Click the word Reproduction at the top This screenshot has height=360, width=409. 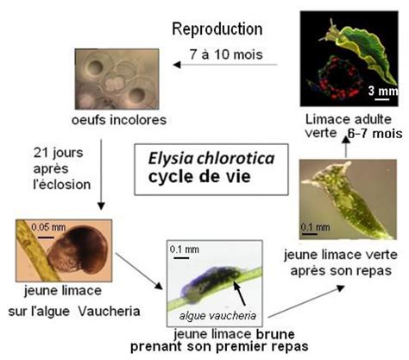pyautogui.click(x=217, y=29)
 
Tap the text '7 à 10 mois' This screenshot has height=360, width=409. pyautogui.click(x=226, y=54)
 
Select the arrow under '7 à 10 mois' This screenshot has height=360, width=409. pyautogui.click(x=225, y=65)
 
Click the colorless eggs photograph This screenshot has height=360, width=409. pyautogui.click(x=116, y=79)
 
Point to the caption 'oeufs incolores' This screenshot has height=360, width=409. pyautogui.click(x=119, y=120)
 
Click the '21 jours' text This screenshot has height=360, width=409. pyautogui.click(x=58, y=153)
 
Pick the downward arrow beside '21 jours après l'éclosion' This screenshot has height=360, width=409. pyautogui.click(x=101, y=174)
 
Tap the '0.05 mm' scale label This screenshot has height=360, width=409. pyautogui.click(x=48, y=227)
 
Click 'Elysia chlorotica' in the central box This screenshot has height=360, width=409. pyautogui.click(x=211, y=159)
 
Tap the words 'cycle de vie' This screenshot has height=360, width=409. pyautogui.click(x=199, y=176)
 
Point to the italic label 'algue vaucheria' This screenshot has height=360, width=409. pyautogui.click(x=217, y=316)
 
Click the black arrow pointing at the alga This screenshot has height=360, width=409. pyautogui.click(x=240, y=294)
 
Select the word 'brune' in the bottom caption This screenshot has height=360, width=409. pyautogui.click(x=275, y=334)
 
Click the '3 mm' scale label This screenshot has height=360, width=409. pyautogui.click(x=383, y=91)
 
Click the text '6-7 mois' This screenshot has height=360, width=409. pyautogui.click(x=374, y=134)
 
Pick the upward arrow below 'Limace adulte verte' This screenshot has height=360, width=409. pyautogui.click(x=347, y=147)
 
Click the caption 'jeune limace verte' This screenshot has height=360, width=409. pyautogui.click(x=341, y=255)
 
